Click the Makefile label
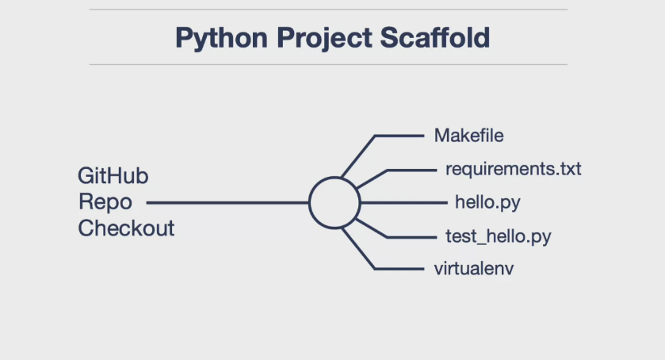point(468,136)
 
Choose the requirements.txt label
point(513,169)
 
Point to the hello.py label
point(487,202)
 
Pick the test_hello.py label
point(499,236)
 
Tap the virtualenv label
point(474,269)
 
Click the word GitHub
point(113,175)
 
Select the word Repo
point(105,201)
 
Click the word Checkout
point(126,228)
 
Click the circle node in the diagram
point(334,202)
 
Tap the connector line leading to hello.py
point(404,202)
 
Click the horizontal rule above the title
point(328,10)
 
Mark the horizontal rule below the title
point(328,64)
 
